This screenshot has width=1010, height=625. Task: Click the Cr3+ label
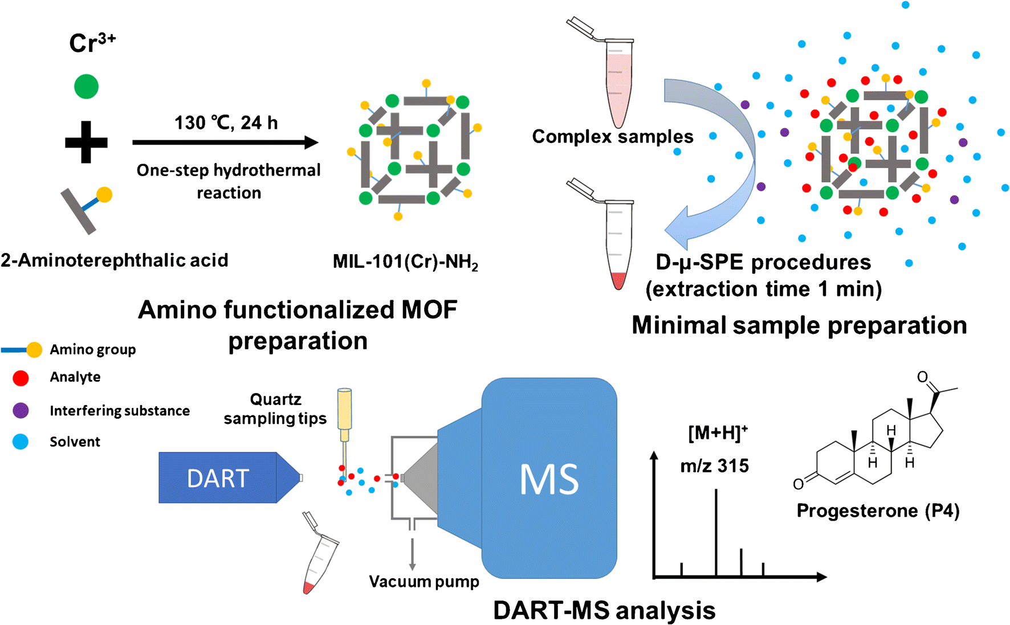[x=92, y=43]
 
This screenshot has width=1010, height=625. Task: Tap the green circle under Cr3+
[x=86, y=87]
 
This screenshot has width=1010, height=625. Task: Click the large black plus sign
[x=86, y=142]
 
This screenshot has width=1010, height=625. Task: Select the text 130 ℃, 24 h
[x=226, y=123]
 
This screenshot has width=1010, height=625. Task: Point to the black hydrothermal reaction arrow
[x=225, y=142]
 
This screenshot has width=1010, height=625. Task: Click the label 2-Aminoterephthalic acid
[x=114, y=260]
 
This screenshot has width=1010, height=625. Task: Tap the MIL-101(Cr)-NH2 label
[x=405, y=262]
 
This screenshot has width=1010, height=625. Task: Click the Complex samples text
[x=612, y=137]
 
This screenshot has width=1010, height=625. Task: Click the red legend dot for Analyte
[x=21, y=378]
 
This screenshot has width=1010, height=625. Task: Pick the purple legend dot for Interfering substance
[x=21, y=410]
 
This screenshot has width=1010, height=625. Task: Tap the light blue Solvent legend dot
[x=21, y=442]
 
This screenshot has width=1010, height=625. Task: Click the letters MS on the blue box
[x=548, y=480]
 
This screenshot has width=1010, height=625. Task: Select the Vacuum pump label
[x=423, y=582]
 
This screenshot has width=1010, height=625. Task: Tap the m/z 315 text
[x=714, y=466]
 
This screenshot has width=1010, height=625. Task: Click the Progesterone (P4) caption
[x=878, y=510]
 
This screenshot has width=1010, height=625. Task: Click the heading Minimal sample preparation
[x=799, y=325]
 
